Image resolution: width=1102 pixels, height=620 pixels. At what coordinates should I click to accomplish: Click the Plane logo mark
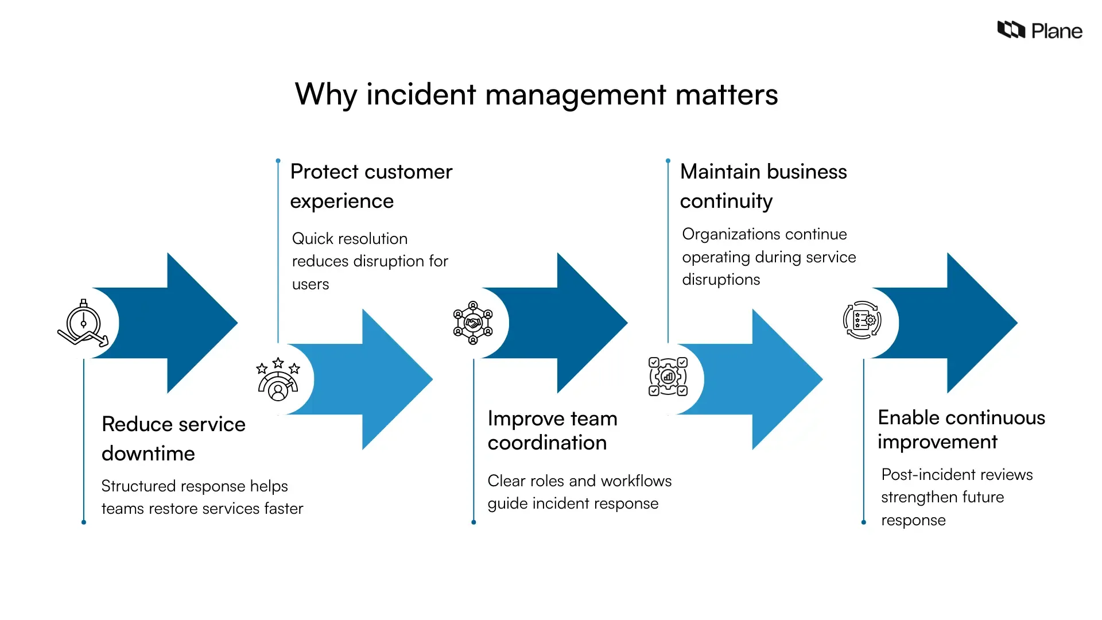(x=1011, y=29)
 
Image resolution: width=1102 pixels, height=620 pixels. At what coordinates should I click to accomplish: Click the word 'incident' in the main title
(x=421, y=94)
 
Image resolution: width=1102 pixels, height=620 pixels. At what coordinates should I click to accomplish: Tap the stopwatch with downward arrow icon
(x=83, y=323)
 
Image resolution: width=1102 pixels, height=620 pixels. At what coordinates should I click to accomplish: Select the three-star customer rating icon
(x=278, y=379)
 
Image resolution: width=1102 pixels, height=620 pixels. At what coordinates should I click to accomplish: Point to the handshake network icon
(x=473, y=323)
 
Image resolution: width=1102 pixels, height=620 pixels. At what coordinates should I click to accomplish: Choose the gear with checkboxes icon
(x=668, y=377)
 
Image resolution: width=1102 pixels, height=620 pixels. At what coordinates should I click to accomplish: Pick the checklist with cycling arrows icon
(x=862, y=320)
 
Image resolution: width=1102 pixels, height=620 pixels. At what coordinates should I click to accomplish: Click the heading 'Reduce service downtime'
(x=173, y=439)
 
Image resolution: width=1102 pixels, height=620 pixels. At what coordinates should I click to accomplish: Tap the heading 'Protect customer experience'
(x=371, y=186)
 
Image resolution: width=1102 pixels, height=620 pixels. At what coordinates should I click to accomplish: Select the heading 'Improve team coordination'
(x=552, y=431)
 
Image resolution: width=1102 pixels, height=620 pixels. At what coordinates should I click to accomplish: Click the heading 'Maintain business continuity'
(x=763, y=186)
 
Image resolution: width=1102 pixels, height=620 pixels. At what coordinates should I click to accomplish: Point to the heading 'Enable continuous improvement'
(x=961, y=429)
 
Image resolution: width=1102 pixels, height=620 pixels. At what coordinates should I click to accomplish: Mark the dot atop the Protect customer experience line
(x=278, y=161)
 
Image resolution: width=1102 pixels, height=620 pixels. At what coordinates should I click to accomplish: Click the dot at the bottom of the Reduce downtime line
(x=84, y=522)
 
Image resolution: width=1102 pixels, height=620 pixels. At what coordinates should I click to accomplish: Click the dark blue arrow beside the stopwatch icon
(x=184, y=323)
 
